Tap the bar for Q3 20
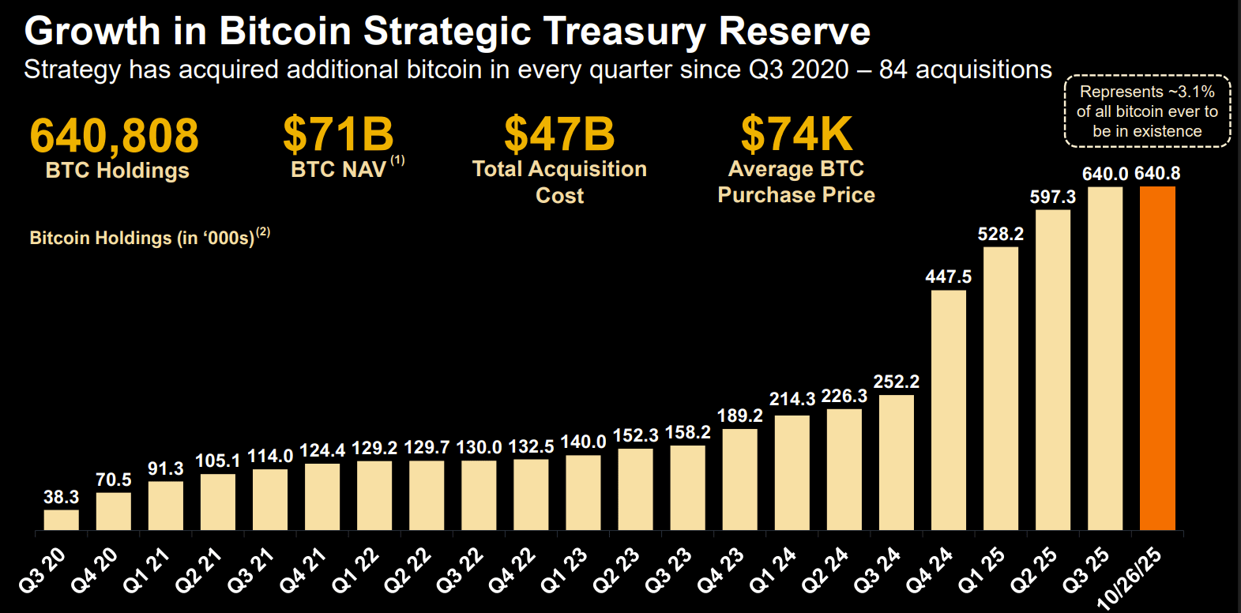click(x=62, y=520)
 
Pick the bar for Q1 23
click(x=583, y=492)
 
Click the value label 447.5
click(x=948, y=276)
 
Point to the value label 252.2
click(x=896, y=382)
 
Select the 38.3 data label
click(x=62, y=497)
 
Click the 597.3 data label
click(x=1052, y=197)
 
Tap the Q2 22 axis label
click(x=408, y=570)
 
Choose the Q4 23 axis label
click(x=720, y=570)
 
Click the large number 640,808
click(x=115, y=135)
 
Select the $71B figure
click(x=338, y=134)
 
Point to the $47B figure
click(x=559, y=134)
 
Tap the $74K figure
click(x=796, y=134)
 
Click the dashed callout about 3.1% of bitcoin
click(x=1147, y=111)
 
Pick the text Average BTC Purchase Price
click(x=796, y=182)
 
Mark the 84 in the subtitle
click(x=893, y=70)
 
